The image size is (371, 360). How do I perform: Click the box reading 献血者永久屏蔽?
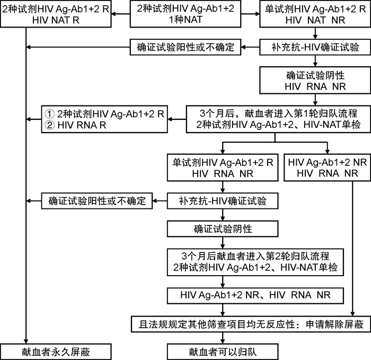(x=56, y=352)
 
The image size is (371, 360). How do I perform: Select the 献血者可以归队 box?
(x=223, y=352)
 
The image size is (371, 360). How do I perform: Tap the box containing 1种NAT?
(x=185, y=14)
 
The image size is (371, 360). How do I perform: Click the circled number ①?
(x=50, y=114)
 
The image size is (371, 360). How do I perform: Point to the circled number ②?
(x=50, y=125)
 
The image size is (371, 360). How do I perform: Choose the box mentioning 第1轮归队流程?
(x=278, y=119)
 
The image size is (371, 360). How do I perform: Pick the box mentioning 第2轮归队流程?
(x=255, y=262)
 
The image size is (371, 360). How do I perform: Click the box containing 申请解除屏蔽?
(x=251, y=324)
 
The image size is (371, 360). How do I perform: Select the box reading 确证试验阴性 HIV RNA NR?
(x=315, y=80)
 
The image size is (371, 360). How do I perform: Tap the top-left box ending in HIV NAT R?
(x=56, y=14)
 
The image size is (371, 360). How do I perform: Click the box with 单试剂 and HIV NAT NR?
(x=315, y=14)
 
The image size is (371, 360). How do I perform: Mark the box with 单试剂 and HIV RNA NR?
(x=223, y=168)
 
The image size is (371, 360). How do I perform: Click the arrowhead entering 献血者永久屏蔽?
(x=26, y=341)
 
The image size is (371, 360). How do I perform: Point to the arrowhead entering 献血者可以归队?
(x=223, y=341)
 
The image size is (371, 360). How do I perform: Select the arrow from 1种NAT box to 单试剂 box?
(x=250, y=14)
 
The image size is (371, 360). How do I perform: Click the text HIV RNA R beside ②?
(x=82, y=125)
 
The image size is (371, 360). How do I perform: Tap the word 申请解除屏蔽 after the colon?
(x=334, y=324)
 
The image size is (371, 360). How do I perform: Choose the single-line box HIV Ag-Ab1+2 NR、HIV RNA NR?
(x=255, y=296)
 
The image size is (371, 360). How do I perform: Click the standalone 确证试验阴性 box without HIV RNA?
(x=223, y=229)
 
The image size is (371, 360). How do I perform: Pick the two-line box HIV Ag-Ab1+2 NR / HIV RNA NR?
(x=327, y=168)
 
